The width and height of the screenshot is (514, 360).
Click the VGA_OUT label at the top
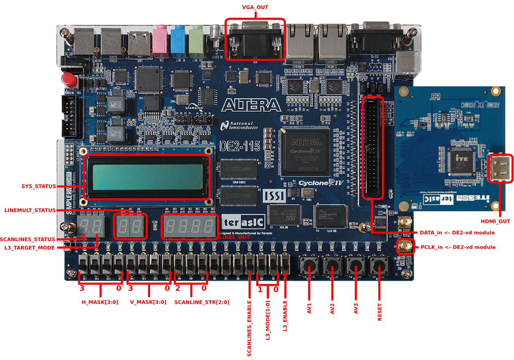tap(255, 7)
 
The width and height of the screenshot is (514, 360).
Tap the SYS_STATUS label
tap(38, 186)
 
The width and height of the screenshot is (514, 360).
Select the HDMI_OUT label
tap(495, 221)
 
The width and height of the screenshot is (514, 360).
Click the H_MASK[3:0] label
tap(100, 302)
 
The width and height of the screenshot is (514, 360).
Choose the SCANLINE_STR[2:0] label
tap(202, 302)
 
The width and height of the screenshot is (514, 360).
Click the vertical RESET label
tap(380, 312)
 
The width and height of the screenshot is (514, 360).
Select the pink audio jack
tap(160, 41)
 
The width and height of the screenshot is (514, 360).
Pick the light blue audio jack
tap(178, 41)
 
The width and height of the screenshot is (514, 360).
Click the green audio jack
tap(196, 41)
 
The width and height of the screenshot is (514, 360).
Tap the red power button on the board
tap(69, 80)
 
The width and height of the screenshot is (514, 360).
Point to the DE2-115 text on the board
tap(240, 146)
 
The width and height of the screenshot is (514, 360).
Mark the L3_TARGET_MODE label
tap(29, 248)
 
